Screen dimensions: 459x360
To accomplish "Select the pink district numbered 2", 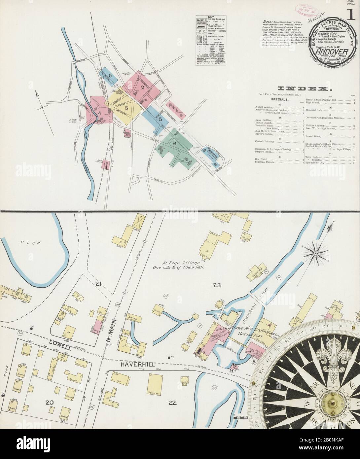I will pyautogui.click(x=143, y=87).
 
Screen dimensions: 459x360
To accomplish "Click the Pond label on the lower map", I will pyautogui.click(x=34, y=243).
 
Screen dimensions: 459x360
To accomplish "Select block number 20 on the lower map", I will pyautogui.click(x=50, y=402).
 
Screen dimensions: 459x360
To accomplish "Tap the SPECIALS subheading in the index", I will pyautogui.click(x=280, y=99).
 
